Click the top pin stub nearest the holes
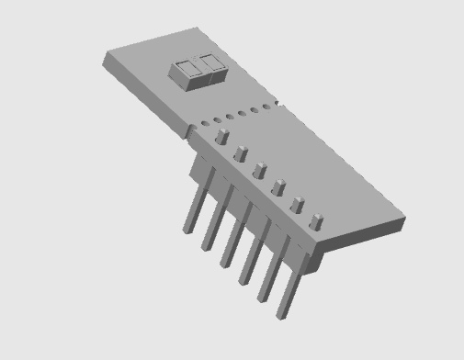(221, 136)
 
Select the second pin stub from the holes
(241, 153)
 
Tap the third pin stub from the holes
(259, 171)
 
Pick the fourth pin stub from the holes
(277, 187)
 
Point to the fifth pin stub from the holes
(297, 205)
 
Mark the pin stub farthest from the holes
(316, 221)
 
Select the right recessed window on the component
(211, 63)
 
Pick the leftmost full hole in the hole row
(204, 123)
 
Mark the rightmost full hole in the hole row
(266, 107)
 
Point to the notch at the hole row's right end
(277, 104)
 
